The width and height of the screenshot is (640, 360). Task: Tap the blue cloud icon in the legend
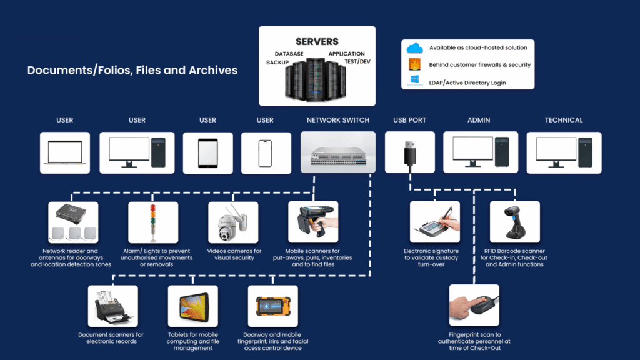[415, 48]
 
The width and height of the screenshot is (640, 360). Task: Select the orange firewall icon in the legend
[415, 64]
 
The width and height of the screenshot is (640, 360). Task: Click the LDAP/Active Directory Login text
[467, 82]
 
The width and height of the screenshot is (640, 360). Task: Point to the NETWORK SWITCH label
[337, 120]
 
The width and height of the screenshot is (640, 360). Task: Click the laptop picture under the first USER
[65, 152]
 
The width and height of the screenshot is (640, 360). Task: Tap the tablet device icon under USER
[207, 152]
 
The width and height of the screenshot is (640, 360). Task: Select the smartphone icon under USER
[266, 152]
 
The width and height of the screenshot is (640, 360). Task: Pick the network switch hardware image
[337, 152]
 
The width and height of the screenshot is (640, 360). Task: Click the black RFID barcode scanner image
[515, 222]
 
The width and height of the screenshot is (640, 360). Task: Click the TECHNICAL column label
[563, 120]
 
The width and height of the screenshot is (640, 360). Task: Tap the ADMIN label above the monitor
[479, 120]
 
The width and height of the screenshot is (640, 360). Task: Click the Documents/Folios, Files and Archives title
[132, 70]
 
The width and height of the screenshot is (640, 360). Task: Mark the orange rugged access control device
[272, 307]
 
